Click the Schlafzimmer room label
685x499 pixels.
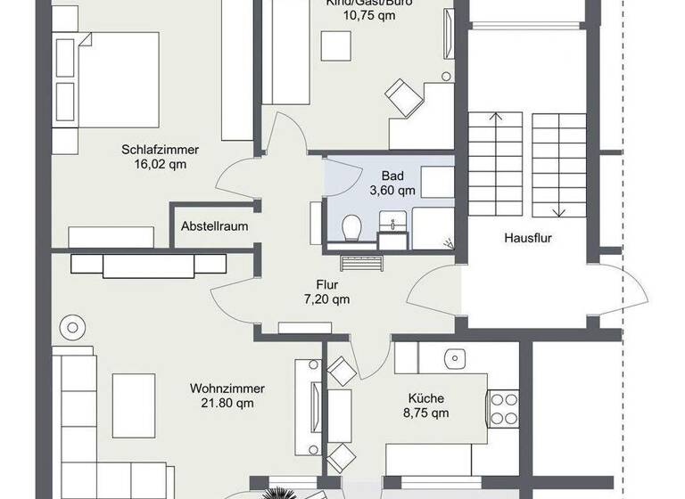point(160,150)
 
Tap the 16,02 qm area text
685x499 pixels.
point(160,164)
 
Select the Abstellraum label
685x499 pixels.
point(214,226)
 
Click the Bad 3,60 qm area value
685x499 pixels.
point(392,190)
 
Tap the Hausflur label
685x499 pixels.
point(530,238)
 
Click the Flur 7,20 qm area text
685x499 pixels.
point(326,299)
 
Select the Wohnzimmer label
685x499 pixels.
point(227,389)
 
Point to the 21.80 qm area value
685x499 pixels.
point(227,403)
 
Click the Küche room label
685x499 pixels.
point(426,398)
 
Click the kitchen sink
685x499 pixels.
point(454,357)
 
